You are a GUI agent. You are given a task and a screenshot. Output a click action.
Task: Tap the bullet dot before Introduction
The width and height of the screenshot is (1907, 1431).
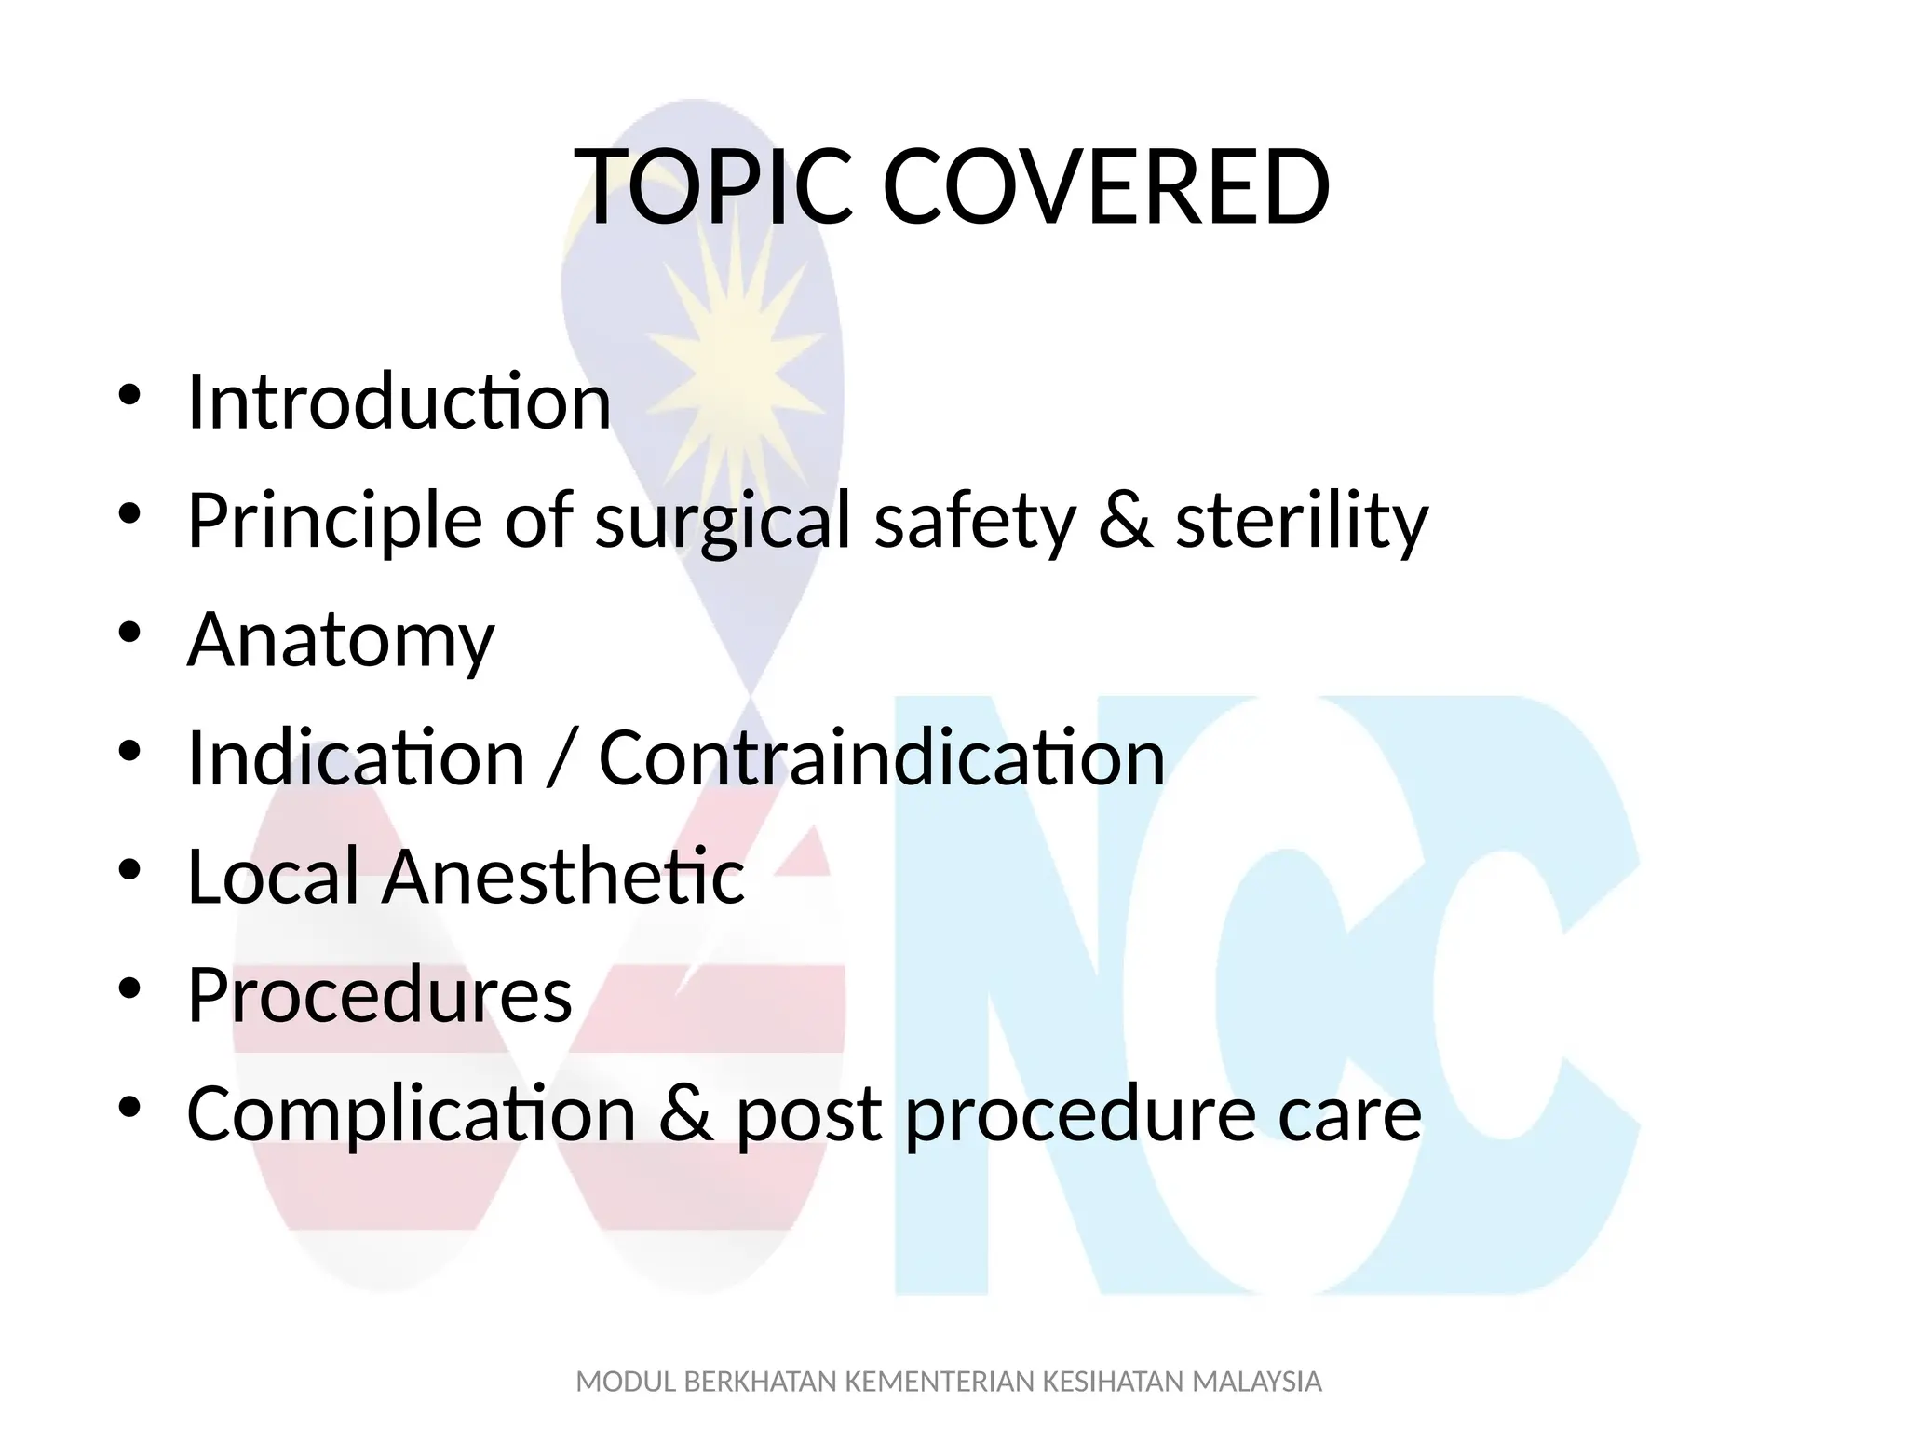(129, 393)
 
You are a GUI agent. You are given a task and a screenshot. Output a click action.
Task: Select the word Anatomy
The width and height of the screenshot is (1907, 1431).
(341, 640)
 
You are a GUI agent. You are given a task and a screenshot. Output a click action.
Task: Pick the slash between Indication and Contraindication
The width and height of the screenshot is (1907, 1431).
(561, 759)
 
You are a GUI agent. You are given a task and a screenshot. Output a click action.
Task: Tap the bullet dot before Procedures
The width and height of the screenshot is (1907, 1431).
(129, 987)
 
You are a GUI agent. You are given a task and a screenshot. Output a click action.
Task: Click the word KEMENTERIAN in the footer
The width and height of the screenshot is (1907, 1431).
(939, 1382)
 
